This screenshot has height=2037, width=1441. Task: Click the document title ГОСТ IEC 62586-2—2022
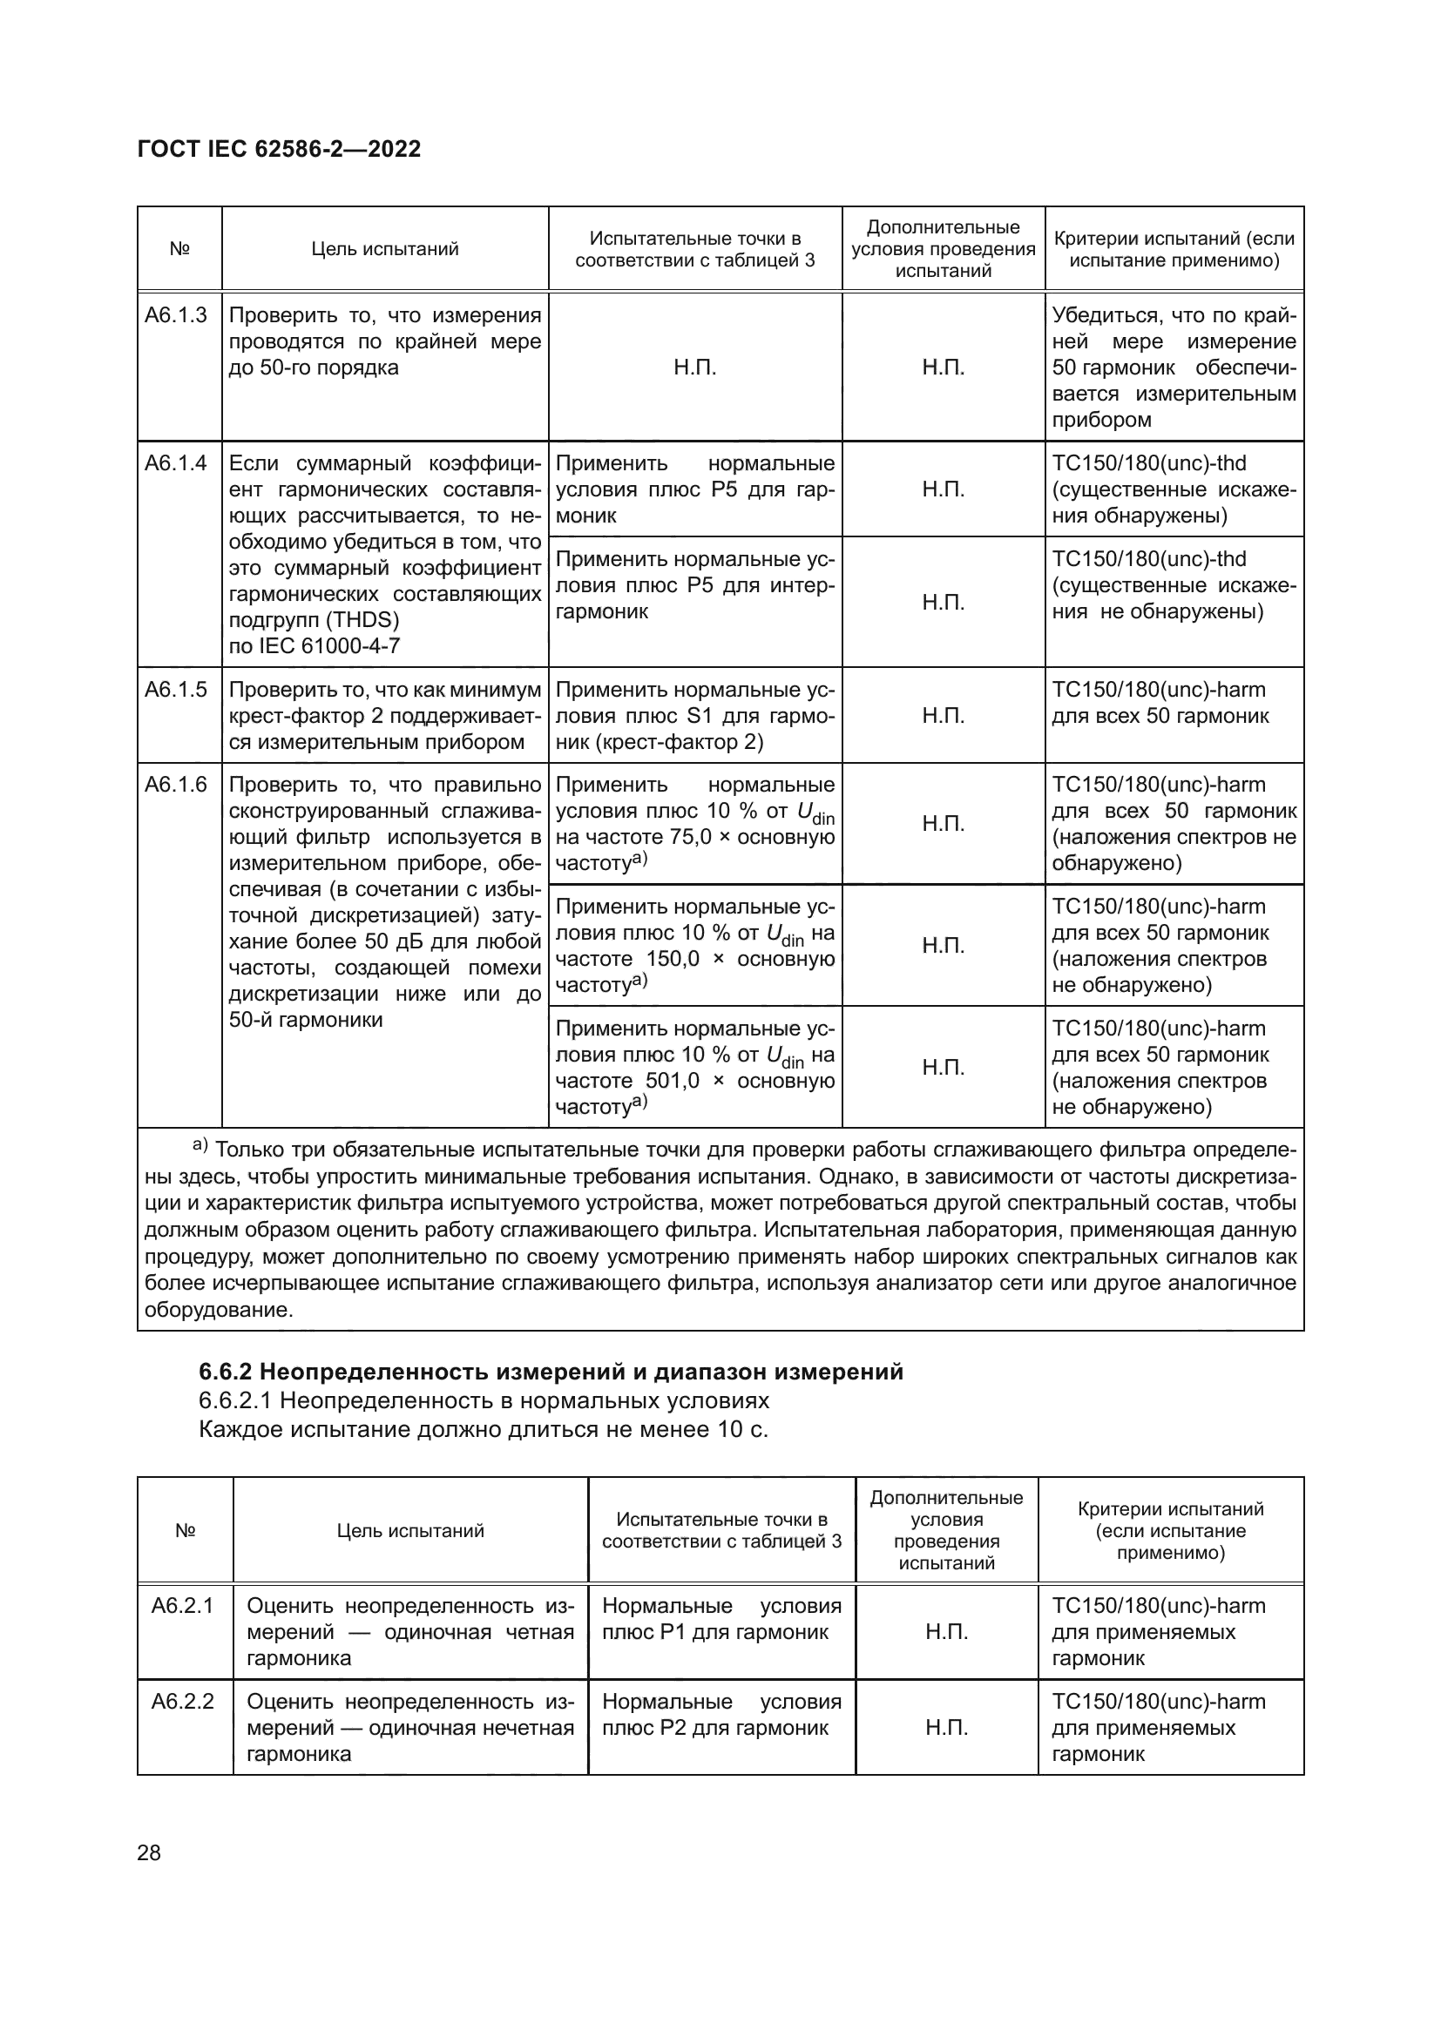[279, 149]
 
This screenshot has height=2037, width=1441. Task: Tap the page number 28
[149, 1852]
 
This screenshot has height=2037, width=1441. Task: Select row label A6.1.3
[176, 315]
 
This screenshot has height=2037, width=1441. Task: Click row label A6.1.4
[176, 463]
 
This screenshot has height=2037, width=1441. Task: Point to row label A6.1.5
[176, 690]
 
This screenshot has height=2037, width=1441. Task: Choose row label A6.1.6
[176, 785]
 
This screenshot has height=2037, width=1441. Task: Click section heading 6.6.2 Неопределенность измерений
[550, 1372]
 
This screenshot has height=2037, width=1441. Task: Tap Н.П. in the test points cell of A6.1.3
[694, 368]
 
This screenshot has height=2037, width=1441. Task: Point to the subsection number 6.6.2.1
[236, 1401]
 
